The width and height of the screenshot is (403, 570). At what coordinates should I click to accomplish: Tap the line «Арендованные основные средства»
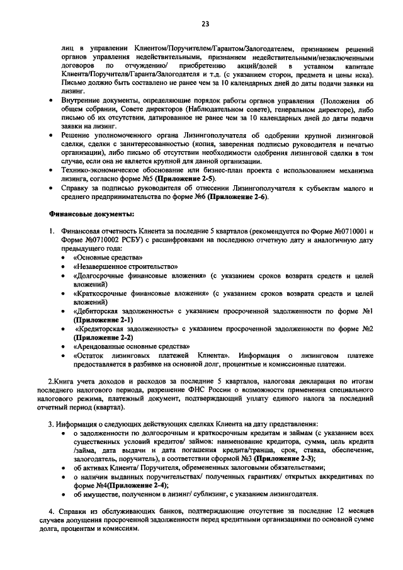132,346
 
